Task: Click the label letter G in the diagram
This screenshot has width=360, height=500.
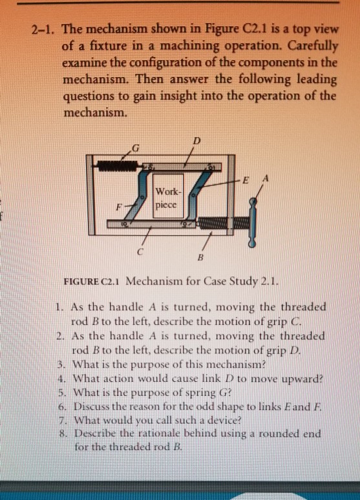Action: tap(136, 150)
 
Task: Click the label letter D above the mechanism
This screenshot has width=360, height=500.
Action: tap(196, 141)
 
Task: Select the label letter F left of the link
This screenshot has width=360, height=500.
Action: tap(118, 208)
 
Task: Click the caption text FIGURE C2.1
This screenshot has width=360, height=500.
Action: tap(92, 281)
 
